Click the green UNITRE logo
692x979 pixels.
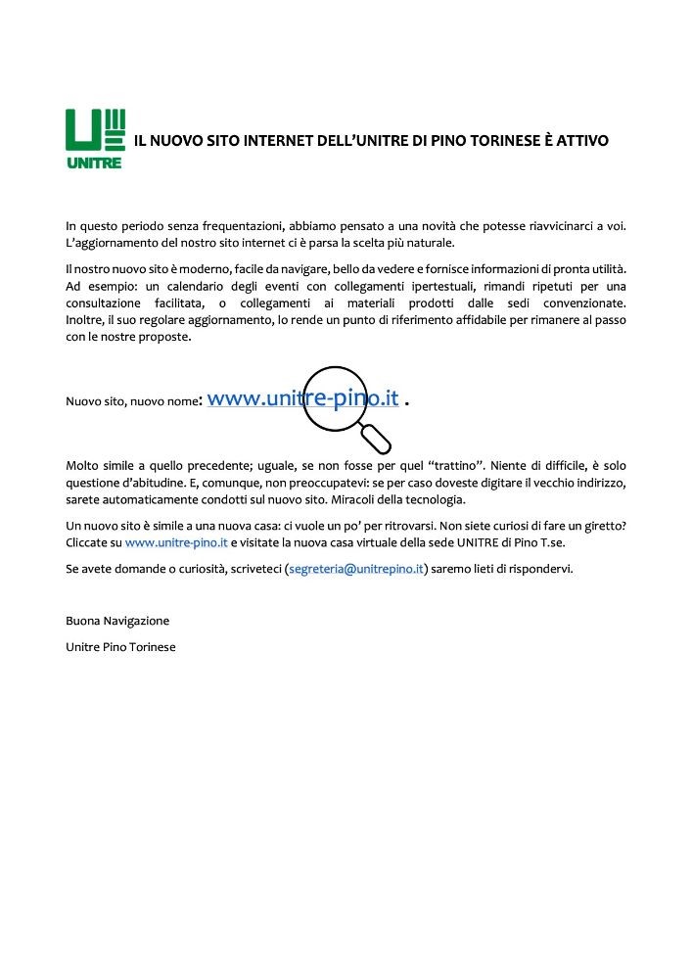click(94, 138)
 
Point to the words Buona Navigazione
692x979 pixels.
click(117, 621)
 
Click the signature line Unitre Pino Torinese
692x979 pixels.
click(120, 647)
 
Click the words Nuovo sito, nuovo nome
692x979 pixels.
click(131, 401)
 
